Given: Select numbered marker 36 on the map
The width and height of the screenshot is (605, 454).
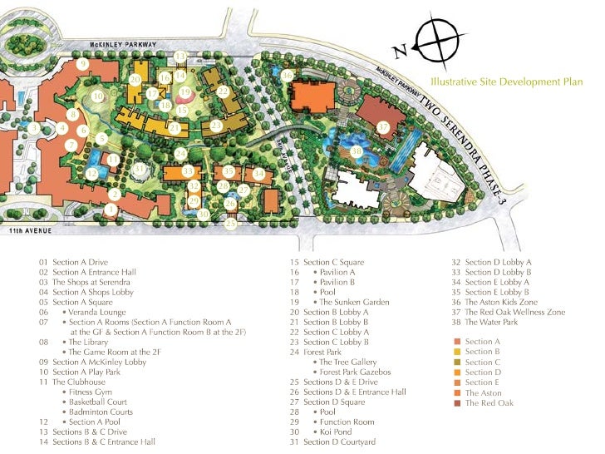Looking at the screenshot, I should click(287, 76).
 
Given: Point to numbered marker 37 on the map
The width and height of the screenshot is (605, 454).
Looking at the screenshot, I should click(383, 127).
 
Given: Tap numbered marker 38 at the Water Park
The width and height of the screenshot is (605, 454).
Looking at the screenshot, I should click(357, 151).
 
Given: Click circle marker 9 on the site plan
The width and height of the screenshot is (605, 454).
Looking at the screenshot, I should click(83, 63).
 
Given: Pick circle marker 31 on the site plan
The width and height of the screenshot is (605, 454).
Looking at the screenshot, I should click(140, 169).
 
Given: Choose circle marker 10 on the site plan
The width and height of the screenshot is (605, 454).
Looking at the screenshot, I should click(98, 96).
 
